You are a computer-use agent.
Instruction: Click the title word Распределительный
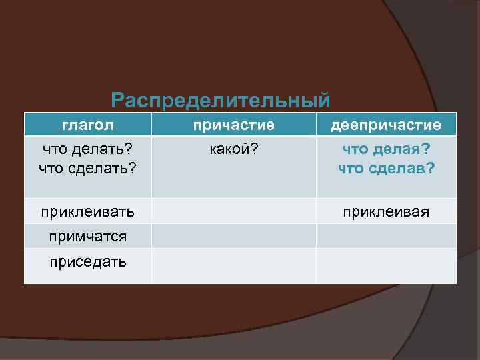pyautogui.click(x=220, y=101)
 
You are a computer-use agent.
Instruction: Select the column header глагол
pyautogui.click(x=88, y=125)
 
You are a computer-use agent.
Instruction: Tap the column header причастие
pyautogui.click(x=233, y=125)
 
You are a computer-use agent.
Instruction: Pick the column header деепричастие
pyautogui.click(x=386, y=125)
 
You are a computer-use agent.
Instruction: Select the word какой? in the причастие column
pyautogui.click(x=233, y=150)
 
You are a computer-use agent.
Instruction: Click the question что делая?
pyautogui.click(x=386, y=150)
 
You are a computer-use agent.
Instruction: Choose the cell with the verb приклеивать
pyautogui.click(x=87, y=212)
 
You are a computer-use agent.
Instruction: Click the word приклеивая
pyautogui.click(x=386, y=212)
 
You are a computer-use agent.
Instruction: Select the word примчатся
pyautogui.click(x=87, y=236)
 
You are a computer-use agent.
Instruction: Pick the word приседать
pyautogui.click(x=87, y=261)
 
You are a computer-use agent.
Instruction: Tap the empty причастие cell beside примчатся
pyautogui.click(x=233, y=236)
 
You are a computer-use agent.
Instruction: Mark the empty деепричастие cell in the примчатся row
pyautogui.click(x=386, y=236)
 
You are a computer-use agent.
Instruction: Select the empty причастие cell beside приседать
pyautogui.click(x=233, y=266)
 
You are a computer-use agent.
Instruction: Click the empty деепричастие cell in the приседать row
pyautogui.click(x=386, y=266)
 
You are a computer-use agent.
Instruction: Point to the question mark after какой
pyautogui.click(x=254, y=150)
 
